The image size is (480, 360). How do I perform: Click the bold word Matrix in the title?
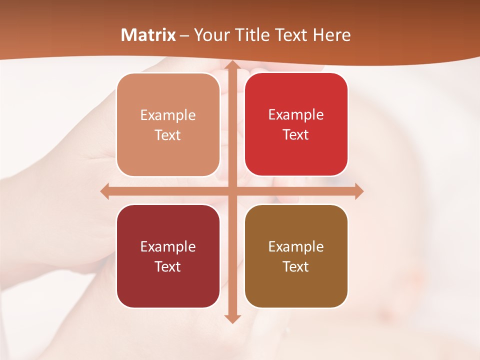[148, 35]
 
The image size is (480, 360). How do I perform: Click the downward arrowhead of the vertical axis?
[231, 318]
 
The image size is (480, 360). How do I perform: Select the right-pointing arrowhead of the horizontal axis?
[358, 191]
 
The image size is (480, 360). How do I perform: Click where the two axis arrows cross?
[231, 191]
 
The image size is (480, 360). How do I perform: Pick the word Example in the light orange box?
[168, 115]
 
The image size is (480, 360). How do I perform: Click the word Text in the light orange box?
[168, 135]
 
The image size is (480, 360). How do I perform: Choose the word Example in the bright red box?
[296, 115]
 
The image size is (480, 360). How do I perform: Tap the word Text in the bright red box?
[296, 135]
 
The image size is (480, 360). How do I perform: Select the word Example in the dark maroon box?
[168, 247]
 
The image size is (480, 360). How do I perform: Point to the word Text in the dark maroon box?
[168, 267]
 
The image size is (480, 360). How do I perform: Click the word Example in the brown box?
[296, 247]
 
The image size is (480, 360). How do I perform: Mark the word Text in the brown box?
[296, 267]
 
